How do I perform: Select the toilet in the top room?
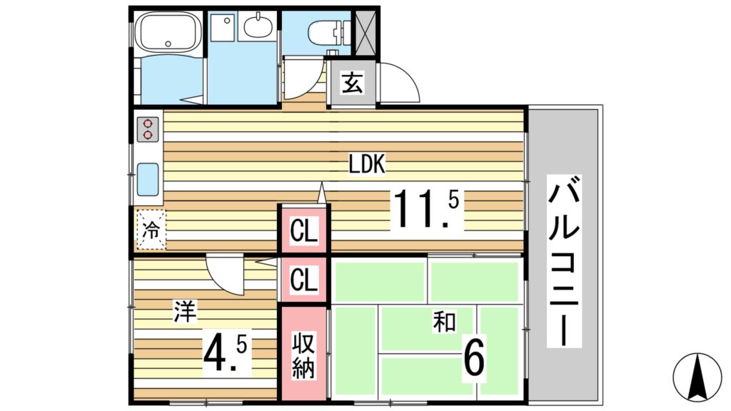(x=327, y=31)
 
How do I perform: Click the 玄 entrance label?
(x=351, y=83)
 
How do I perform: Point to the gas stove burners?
(x=148, y=128)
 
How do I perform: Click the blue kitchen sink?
(x=148, y=178)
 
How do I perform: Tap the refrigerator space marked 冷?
(x=151, y=230)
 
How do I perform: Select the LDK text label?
(x=367, y=165)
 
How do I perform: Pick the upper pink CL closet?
(x=303, y=230)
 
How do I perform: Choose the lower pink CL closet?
(x=303, y=280)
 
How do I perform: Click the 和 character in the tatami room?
(x=443, y=323)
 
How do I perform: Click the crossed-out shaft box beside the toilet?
(x=366, y=31)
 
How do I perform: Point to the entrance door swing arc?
(x=400, y=82)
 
